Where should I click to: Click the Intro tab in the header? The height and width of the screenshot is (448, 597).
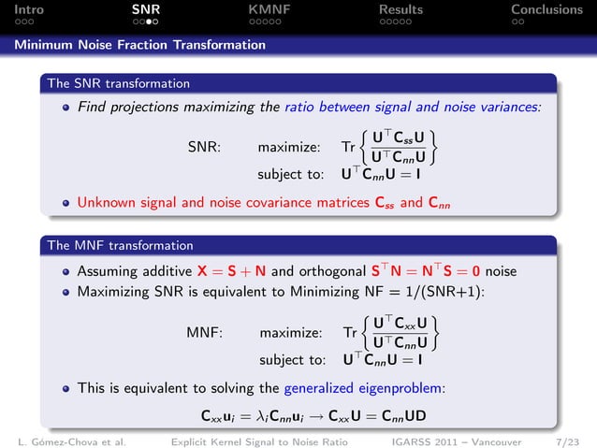pos(19,9)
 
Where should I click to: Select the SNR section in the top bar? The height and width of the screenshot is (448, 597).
pos(145,9)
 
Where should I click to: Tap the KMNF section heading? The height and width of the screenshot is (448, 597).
pos(269,9)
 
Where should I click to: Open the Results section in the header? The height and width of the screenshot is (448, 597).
pos(400,9)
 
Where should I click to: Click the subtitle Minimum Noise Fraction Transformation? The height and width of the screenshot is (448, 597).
pos(139,44)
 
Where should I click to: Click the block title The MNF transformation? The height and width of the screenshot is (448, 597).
pos(120,246)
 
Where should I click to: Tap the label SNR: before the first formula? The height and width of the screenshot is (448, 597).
pos(204,147)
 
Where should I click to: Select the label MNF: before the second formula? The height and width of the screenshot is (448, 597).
pos(204,332)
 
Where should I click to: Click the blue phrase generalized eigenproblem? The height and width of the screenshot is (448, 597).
pos(364,387)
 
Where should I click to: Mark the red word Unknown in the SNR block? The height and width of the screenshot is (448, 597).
pos(106,201)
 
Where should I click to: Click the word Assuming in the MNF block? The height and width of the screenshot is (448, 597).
pos(110,271)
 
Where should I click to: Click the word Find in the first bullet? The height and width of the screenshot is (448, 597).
pos(93,108)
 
